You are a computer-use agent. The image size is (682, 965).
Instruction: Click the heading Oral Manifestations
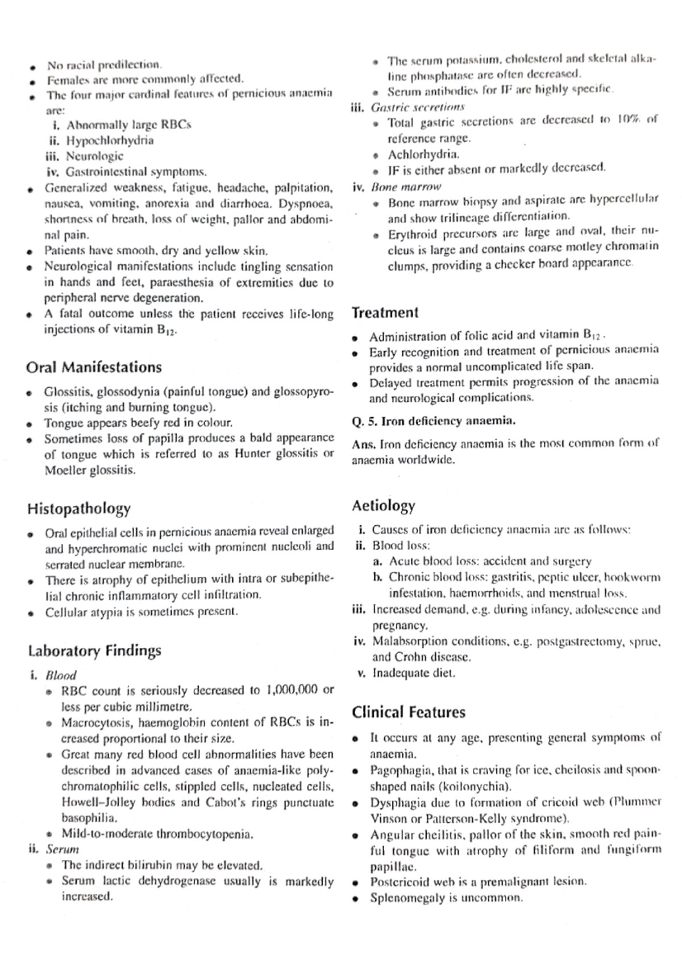(94, 367)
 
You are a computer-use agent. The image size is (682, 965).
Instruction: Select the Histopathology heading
(79, 508)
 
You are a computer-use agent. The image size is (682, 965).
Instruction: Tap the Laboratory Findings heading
(94, 650)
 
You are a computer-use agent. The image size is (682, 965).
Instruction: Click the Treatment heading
(385, 313)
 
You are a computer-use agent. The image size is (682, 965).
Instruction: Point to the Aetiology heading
(384, 505)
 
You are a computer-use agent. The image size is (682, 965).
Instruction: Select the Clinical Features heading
(408, 712)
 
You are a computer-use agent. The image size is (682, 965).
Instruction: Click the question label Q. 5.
(364, 421)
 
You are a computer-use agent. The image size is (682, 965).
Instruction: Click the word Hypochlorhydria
(110, 140)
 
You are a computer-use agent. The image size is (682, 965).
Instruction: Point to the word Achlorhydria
(423, 154)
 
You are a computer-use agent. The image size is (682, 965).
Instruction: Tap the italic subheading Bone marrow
(406, 186)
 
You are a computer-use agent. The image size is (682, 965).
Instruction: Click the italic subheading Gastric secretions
(418, 107)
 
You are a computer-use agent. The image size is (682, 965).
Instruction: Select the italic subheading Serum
(63, 850)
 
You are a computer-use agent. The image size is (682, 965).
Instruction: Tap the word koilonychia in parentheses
(481, 787)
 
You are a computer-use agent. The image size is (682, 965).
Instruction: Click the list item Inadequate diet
(414, 673)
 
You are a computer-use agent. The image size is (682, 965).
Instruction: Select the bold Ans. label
(364, 444)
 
